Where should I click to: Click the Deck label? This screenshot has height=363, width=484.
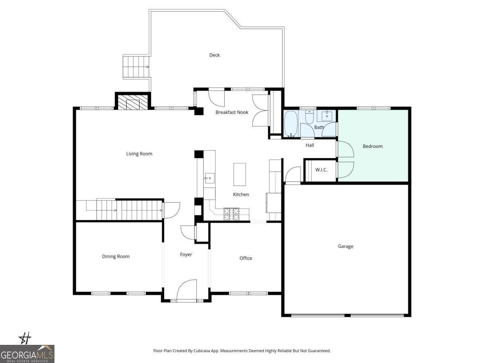[x=214, y=55]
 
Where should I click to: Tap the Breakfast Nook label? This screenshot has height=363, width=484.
[x=232, y=112]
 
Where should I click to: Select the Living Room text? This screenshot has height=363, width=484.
[x=139, y=154]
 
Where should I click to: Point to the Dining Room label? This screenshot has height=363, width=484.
[x=116, y=257]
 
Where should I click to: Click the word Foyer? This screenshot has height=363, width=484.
[x=186, y=255]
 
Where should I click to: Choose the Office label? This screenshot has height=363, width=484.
[x=246, y=258]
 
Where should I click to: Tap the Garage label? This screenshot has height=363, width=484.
[x=345, y=246]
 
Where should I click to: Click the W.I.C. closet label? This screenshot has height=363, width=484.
[x=321, y=170]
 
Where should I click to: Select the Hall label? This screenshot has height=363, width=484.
[x=310, y=145]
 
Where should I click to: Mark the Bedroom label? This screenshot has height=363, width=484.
[x=373, y=146]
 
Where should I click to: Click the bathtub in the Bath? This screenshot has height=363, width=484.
[x=291, y=124]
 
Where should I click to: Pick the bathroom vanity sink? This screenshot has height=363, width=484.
[x=327, y=116]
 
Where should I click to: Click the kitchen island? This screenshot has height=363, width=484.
[x=240, y=174]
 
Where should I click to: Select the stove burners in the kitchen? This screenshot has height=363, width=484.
[x=231, y=214]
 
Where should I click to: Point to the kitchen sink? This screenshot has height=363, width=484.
[x=209, y=178]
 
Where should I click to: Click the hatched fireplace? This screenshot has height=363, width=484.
[x=133, y=102]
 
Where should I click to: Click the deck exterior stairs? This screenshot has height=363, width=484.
[x=136, y=67]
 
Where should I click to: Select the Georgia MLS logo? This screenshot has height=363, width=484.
[x=27, y=354]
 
